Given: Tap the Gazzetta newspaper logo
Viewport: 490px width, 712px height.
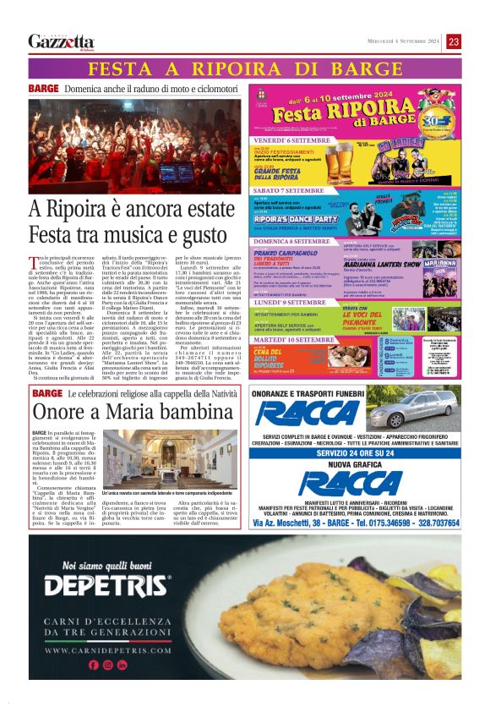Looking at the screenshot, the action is coord(61,41).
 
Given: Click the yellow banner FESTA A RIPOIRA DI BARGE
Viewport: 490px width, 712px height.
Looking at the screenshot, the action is coord(245,68).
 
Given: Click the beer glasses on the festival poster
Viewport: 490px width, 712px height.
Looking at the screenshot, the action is coord(340,160).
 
